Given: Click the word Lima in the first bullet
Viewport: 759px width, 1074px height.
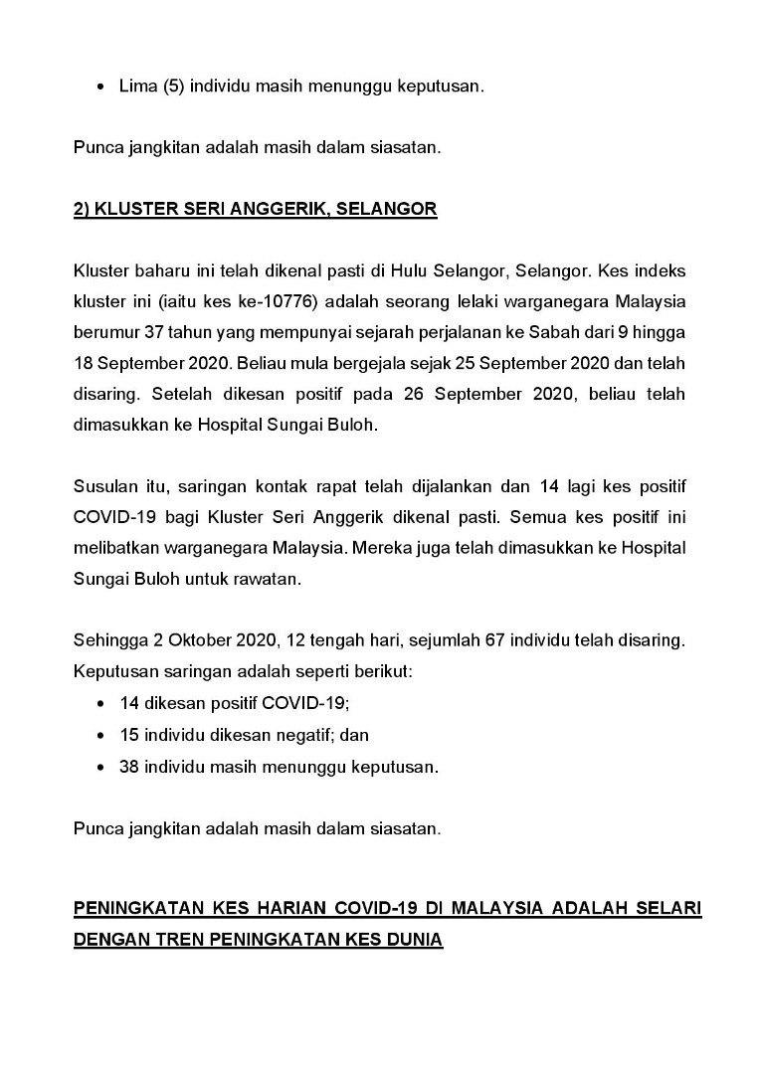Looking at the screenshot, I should point(136,87).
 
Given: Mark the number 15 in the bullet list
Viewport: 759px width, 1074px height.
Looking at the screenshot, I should point(130,735).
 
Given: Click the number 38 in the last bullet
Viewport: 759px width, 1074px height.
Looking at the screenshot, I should point(130,767).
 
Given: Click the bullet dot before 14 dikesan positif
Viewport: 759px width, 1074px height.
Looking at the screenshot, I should point(103,704).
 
